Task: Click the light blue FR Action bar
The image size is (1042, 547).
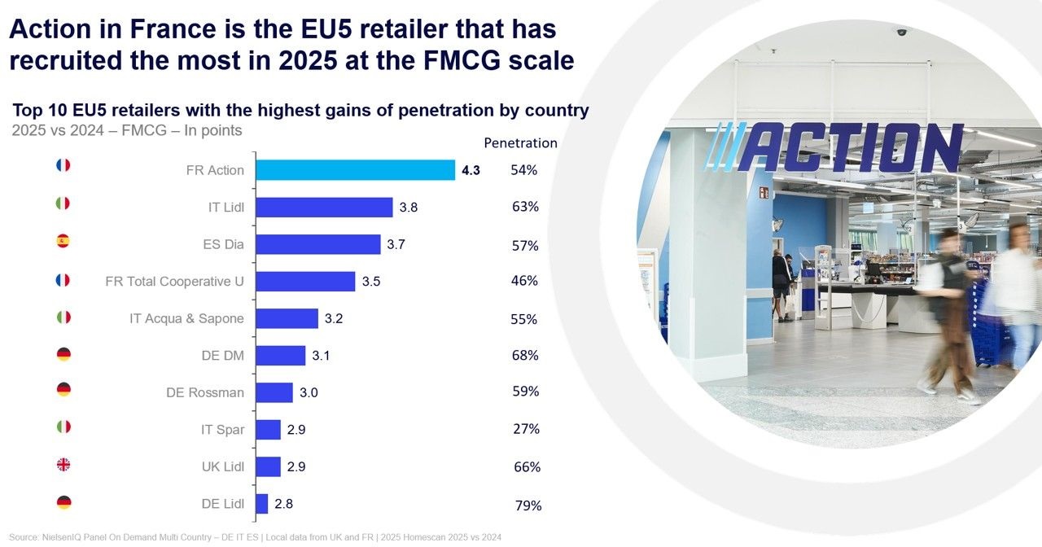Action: [x=355, y=170]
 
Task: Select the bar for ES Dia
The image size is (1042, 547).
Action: [x=318, y=244]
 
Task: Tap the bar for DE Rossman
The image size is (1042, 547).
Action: [x=274, y=392]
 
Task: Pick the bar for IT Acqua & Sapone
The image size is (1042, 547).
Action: [x=287, y=318]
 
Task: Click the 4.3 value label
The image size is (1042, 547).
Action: [x=471, y=171]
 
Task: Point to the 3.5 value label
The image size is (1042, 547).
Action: [x=371, y=282]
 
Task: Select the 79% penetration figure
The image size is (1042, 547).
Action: [x=528, y=505]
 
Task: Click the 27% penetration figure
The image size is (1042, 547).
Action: [x=526, y=429]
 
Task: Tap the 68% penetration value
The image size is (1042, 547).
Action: [x=525, y=356]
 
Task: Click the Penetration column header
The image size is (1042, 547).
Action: [x=520, y=143]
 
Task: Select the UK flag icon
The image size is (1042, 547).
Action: [x=63, y=465]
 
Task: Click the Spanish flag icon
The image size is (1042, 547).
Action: [x=63, y=241]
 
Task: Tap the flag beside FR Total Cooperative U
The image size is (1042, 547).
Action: [x=63, y=280]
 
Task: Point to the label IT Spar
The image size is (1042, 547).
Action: [x=222, y=429]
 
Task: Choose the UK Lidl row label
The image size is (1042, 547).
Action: [x=222, y=466]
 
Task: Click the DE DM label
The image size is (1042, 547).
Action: [x=222, y=356]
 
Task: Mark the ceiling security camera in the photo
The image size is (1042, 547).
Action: [x=901, y=32]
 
